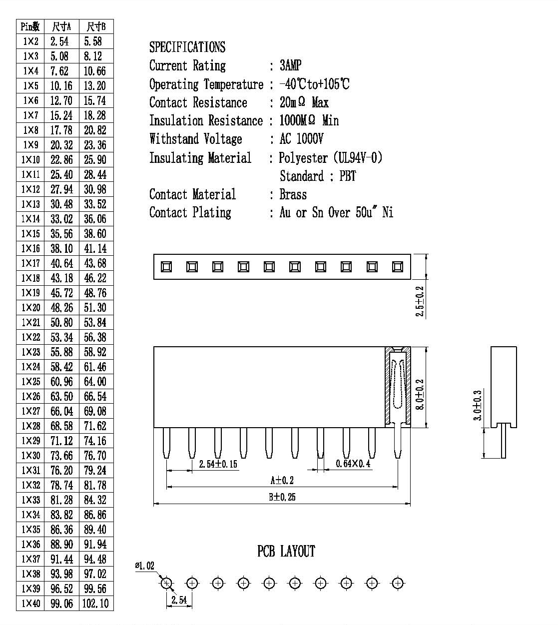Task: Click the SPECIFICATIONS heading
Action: click(x=187, y=47)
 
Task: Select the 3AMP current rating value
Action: click(x=290, y=65)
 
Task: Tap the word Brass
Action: click(x=293, y=195)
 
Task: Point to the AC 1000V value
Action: click(x=301, y=139)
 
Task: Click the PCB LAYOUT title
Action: click(x=286, y=551)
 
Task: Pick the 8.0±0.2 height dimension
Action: click(x=420, y=394)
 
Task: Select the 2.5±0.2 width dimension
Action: click(x=420, y=301)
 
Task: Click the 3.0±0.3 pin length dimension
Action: click(x=478, y=405)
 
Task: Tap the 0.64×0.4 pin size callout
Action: click(x=353, y=463)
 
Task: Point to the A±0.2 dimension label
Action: click(x=282, y=480)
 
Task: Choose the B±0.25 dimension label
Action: click(x=282, y=497)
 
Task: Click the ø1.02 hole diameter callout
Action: click(x=144, y=566)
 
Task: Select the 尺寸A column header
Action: click(x=61, y=27)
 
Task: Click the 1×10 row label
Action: click(x=30, y=160)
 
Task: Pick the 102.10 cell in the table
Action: click(x=95, y=604)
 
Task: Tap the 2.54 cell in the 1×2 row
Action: click(x=59, y=41)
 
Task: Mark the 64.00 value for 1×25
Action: click(x=95, y=382)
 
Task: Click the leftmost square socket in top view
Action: click(x=166, y=267)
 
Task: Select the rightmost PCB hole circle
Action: click(x=398, y=583)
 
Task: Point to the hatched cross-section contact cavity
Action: click(x=398, y=387)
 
